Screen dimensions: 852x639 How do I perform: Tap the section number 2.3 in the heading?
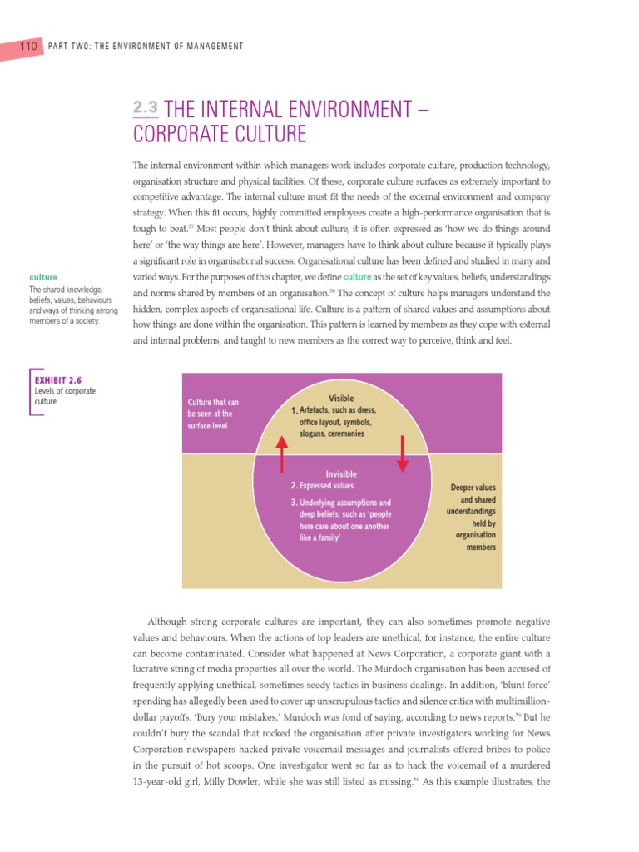pyautogui.click(x=145, y=108)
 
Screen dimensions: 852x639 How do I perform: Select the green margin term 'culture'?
pyautogui.click(x=42, y=276)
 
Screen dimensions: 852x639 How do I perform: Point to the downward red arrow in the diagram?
pyautogui.click(x=402, y=452)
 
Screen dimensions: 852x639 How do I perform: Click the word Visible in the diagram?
pyautogui.click(x=341, y=399)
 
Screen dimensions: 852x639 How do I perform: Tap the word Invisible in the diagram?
pyautogui.click(x=341, y=473)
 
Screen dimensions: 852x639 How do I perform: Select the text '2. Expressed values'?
pyautogui.click(x=322, y=486)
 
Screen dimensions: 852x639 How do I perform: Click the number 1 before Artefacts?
pyautogui.click(x=295, y=411)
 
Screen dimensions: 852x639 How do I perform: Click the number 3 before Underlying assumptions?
pyautogui.click(x=294, y=503)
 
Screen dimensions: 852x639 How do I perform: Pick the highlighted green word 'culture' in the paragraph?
pyautogui.click(x=357, y=276)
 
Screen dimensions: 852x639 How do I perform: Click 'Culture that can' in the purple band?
pyautogui.click(x=213, y=403)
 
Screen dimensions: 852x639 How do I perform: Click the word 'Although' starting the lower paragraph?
pyautogui.click(x=169, y=622)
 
